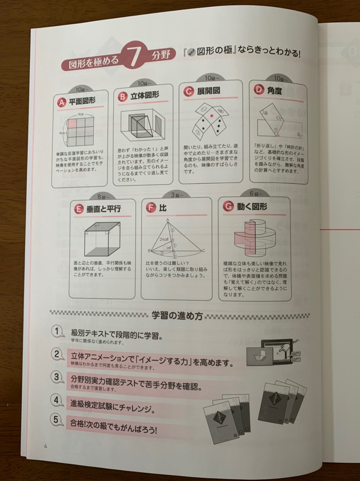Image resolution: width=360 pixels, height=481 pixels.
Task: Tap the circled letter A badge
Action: (x=61, y=103)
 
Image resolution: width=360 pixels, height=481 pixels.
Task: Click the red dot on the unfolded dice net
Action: (x=211, y=116)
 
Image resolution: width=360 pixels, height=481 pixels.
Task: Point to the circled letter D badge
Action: (x=259, y=91)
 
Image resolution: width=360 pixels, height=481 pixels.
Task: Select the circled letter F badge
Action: (x=151, y=208)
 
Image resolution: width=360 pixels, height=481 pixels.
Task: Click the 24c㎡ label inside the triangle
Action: (x=164, y=239)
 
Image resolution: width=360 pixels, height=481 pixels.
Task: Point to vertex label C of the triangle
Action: (x=203, y=251)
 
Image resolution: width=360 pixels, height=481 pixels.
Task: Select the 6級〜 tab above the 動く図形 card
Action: (x=256, y=194)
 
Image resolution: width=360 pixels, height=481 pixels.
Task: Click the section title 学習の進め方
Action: (x=177, y=316)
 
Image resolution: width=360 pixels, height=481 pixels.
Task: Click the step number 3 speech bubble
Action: (x=57, y=377)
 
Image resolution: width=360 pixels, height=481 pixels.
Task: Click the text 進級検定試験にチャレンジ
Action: (x=113, y=405)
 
